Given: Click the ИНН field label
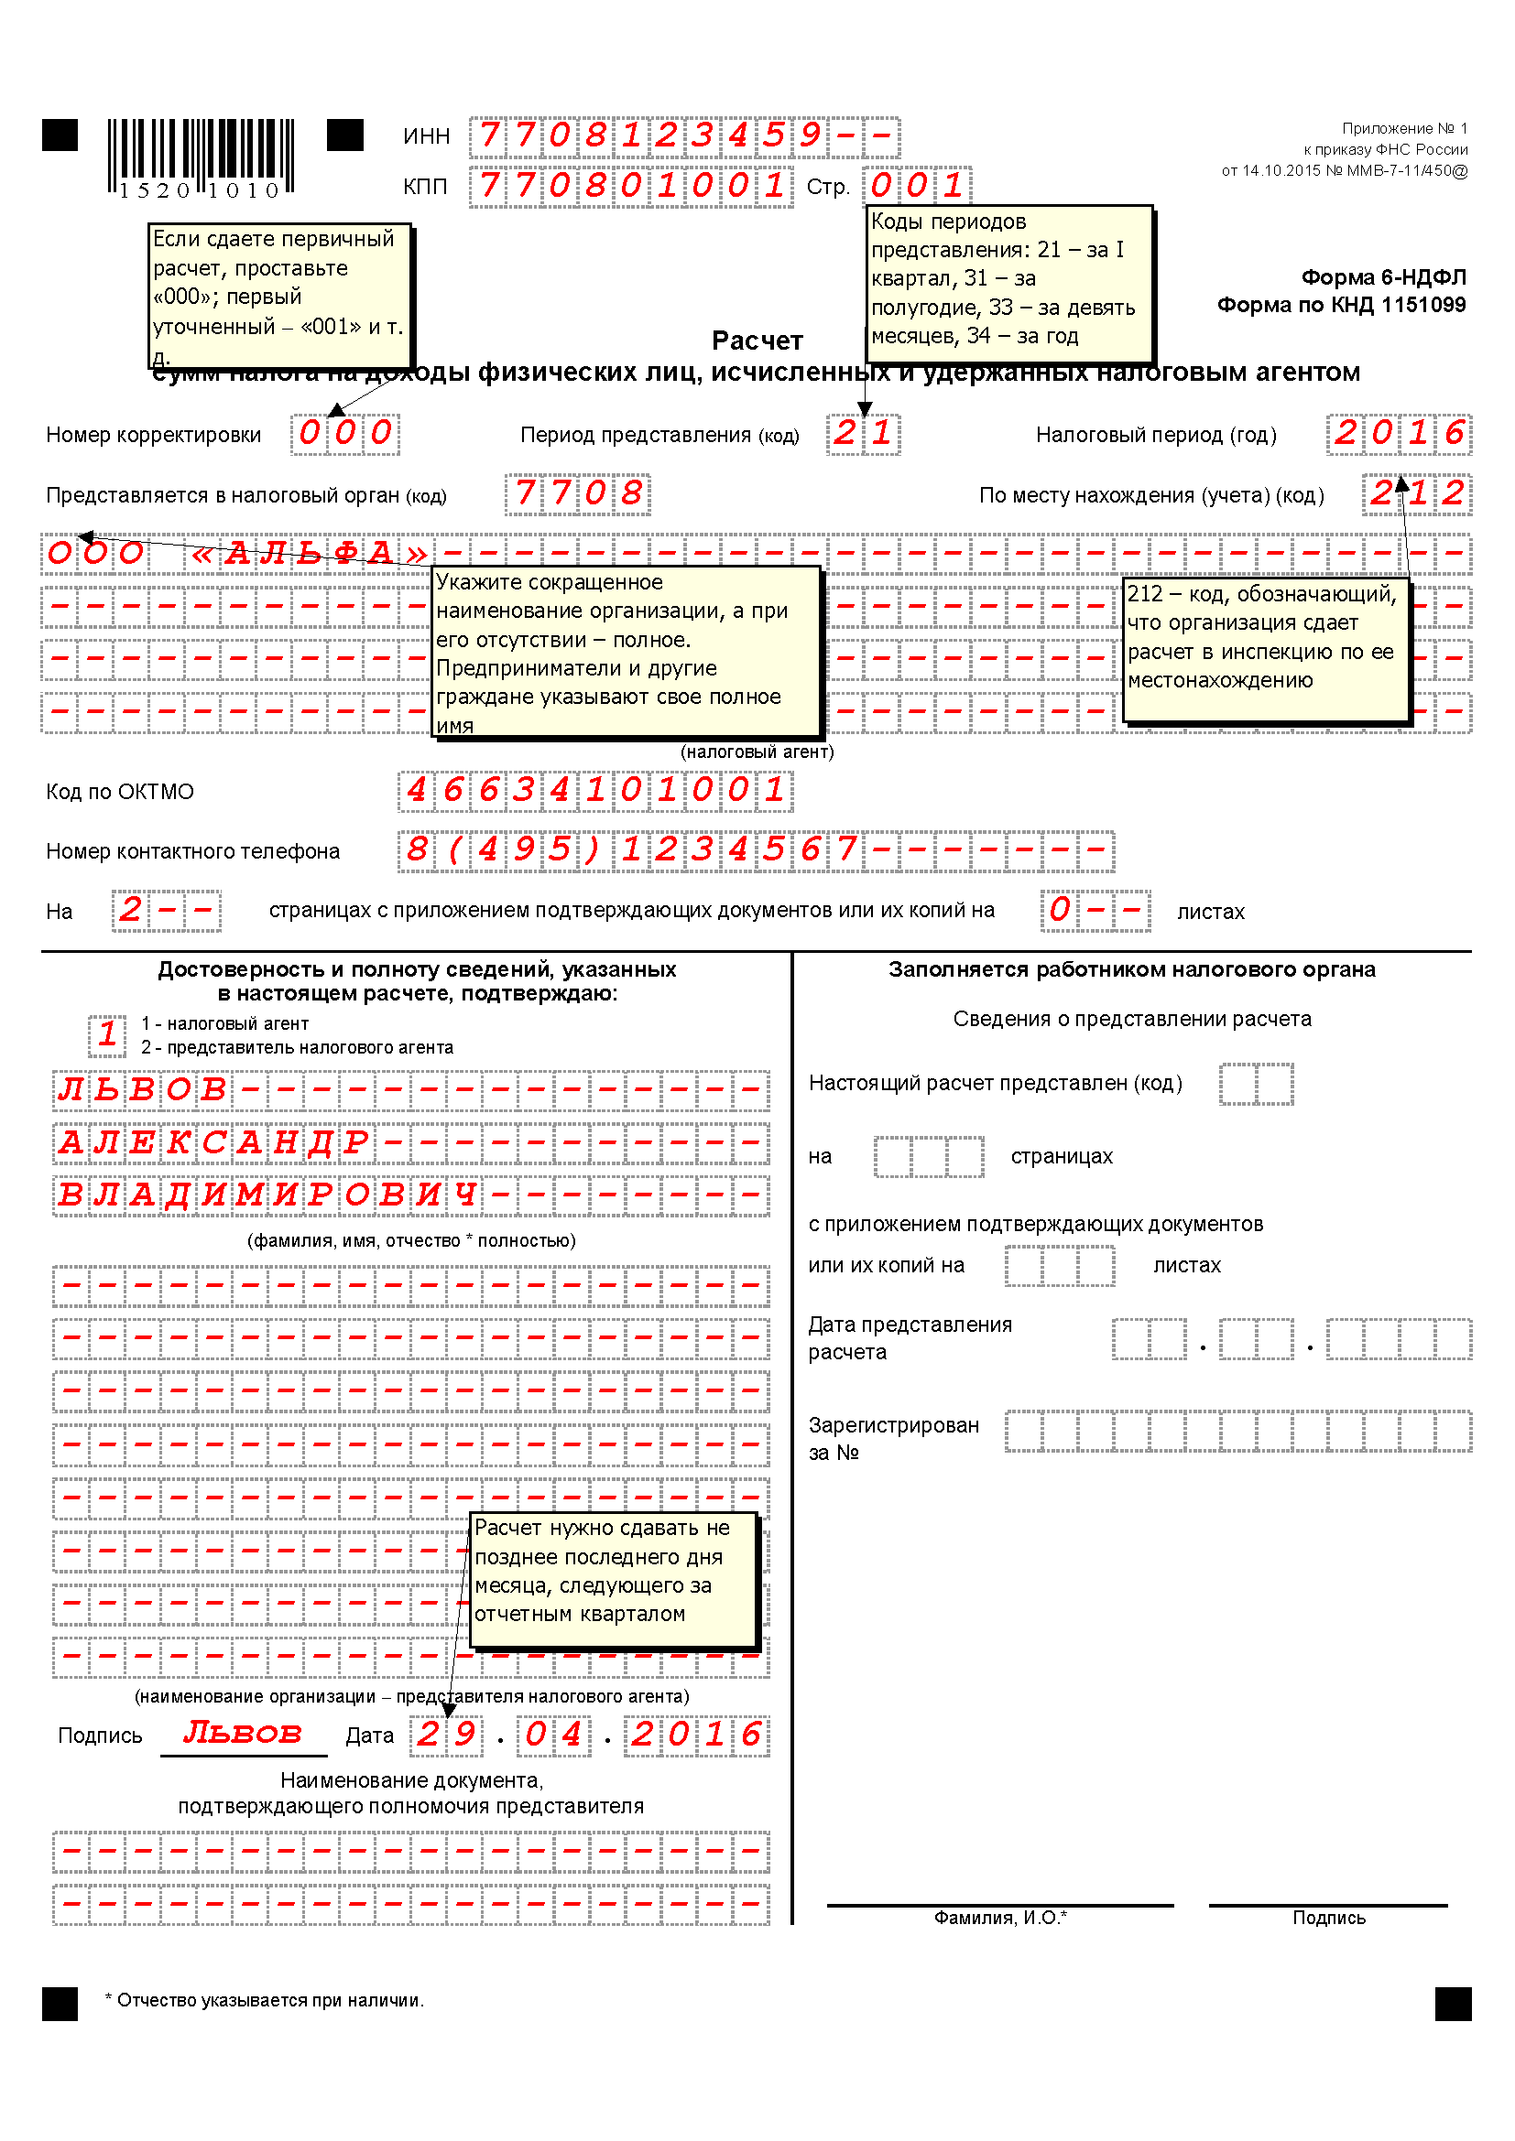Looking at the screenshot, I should [x=426, y=136].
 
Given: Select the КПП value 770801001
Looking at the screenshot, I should [x=630, y=186].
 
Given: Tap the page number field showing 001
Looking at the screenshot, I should [x=916, y=186].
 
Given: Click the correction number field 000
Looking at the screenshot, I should [x=344, y=434].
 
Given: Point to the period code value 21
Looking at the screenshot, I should [x=863, y=434].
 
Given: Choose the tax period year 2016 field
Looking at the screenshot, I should [x=1398, y=434].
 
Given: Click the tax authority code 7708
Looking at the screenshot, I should [x=577, y=493].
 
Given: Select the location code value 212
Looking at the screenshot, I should [x=1416, y=493].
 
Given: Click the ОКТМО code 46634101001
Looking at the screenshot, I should [x=595, y=791].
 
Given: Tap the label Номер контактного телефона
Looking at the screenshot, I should [x=193, y=851].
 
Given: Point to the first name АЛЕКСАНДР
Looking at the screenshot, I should [x=213, y=1142].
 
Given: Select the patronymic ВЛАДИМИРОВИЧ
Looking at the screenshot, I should [x=267, y=1195].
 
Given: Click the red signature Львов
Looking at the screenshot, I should [x=243, y=1733].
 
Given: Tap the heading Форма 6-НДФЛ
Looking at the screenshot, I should [x=1382, y=277].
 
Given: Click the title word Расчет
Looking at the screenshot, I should [x=757, y=341].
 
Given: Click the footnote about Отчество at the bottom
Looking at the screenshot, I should [x=265, y=2000].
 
